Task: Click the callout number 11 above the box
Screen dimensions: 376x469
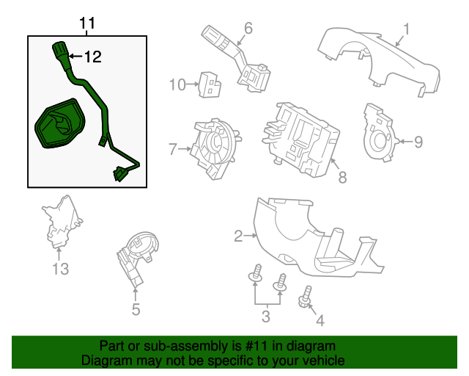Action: [87, 23]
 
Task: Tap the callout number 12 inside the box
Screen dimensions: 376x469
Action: [93, 57]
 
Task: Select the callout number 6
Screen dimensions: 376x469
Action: [248, 29]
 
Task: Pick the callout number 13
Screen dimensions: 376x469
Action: [60, 269]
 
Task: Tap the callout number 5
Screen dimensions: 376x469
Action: [136, 309]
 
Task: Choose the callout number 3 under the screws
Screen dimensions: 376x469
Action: [266, 317]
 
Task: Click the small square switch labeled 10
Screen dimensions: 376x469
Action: [210, 85]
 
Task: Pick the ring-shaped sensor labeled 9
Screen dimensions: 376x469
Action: [381, 132]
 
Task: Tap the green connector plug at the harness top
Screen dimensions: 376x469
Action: [60, 52]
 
